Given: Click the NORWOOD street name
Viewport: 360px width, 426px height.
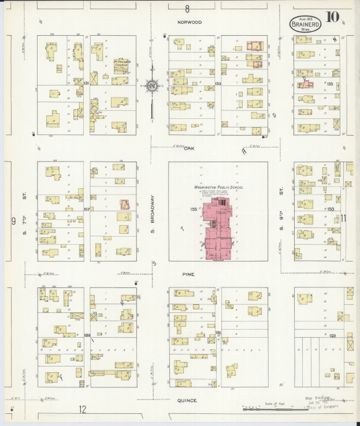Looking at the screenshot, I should [x=190, y=22].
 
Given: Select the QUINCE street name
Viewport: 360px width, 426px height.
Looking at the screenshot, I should [x=187, y=401].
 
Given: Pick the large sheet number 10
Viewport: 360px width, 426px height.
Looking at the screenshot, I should [x=332, y=17].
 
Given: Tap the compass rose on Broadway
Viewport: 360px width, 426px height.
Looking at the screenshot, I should [x=152, y=87].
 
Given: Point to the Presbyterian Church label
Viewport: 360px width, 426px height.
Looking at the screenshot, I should [x=121, y=64].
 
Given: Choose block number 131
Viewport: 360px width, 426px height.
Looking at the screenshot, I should [x=86, y=84].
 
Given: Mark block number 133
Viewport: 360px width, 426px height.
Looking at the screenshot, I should [x=218, y=84].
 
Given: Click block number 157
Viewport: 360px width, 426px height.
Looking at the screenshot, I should [x=87, y=209].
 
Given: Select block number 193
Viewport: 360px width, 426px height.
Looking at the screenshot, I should [x=332, y=335].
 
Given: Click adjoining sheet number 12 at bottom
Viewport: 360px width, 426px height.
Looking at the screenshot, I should [x=83, y=410].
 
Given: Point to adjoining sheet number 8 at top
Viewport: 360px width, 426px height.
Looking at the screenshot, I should [x=187, y=8].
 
